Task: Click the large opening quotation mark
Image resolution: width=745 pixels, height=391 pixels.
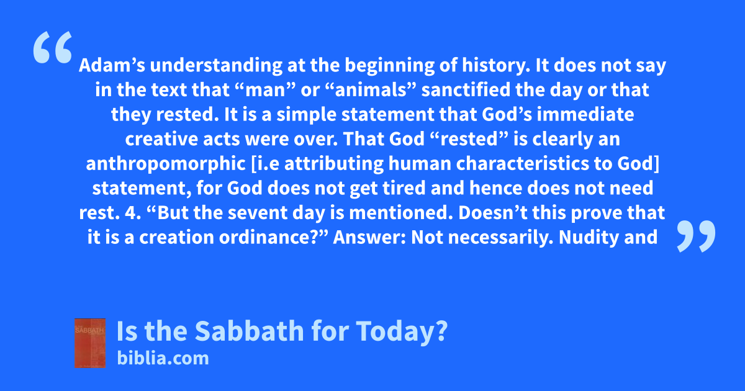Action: pos(53,47)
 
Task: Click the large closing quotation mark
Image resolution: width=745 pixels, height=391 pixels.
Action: pos(696,236)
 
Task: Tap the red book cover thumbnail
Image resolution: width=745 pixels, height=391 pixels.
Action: pos(90,343)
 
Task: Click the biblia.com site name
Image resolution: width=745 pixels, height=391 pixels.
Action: pos(163,359)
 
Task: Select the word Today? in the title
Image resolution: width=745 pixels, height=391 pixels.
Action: pos(402,331)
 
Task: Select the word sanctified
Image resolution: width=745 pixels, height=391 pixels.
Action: pos(466,90)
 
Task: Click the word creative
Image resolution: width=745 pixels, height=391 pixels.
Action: pos(161,139)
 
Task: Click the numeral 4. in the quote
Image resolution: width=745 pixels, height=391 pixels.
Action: pos(133,213)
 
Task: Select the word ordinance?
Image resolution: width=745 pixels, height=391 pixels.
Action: pos(274,237)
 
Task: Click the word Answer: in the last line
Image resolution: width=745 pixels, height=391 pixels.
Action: pos(369,237)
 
